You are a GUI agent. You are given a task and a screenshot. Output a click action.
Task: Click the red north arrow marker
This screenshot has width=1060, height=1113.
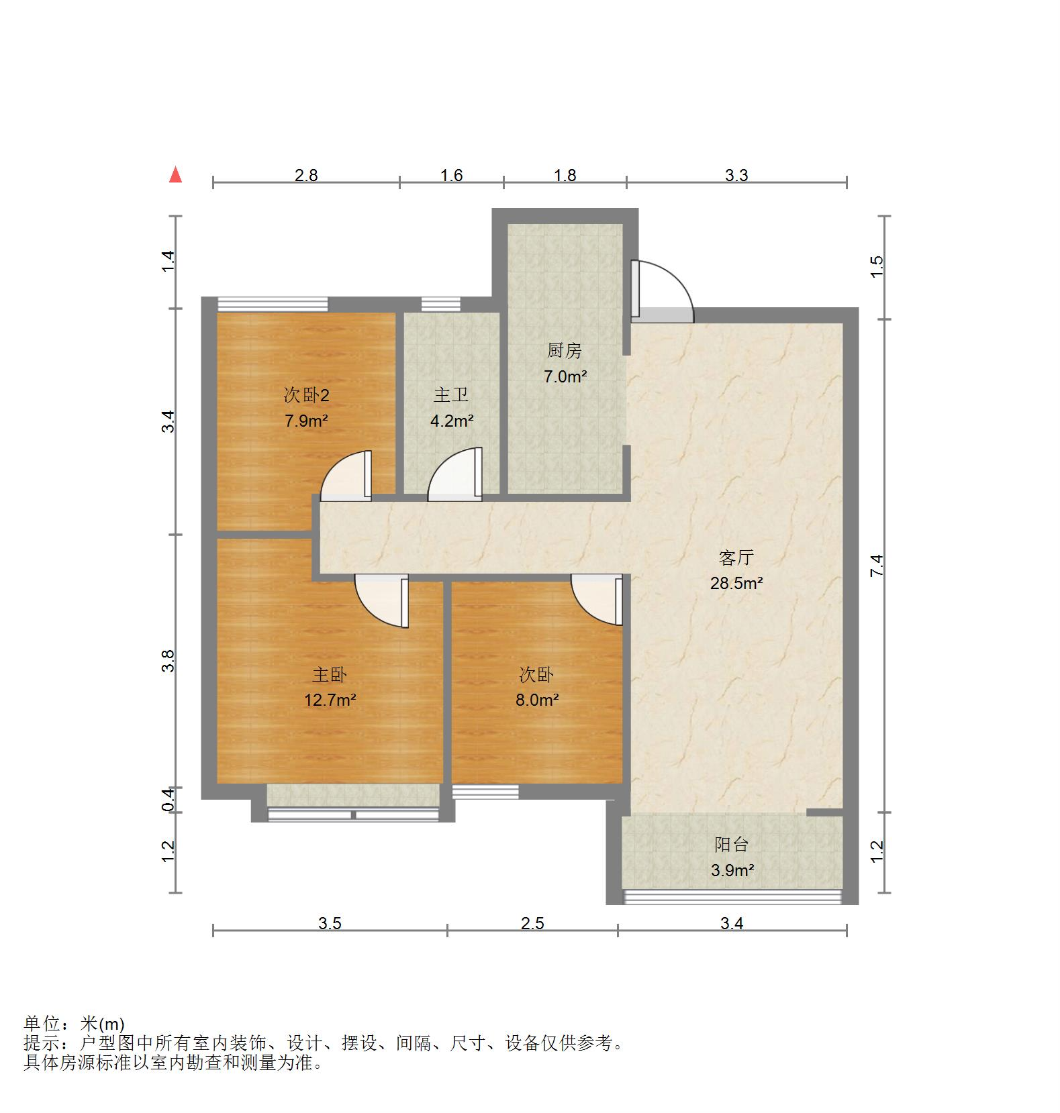[x=176, y=175]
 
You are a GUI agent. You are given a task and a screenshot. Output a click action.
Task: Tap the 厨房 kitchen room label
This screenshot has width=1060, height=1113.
[x=564, y=350]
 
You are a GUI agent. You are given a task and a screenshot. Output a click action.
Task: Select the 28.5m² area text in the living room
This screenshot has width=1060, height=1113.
[x=736, y=583]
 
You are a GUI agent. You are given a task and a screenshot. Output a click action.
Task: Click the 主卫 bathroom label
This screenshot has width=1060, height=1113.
[x=451, y=394]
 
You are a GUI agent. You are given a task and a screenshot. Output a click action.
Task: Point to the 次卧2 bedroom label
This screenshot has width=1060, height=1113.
[x=307, y=395]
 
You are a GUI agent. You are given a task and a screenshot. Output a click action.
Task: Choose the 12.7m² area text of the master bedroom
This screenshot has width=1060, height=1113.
[x=330, y=700]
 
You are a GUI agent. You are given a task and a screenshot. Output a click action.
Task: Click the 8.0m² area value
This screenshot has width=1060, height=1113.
[x=537, y=700]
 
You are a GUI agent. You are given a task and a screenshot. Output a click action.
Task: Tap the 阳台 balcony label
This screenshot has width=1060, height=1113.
[x=731, y=845]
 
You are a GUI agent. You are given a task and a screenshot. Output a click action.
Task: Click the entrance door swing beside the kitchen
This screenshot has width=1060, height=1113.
[x=661, y=288]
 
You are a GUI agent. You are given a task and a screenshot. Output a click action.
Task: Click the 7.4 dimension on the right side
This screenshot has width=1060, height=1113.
[x=877, y=565]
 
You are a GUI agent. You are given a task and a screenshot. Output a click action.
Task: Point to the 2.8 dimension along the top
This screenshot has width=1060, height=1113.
[x=306, y=175]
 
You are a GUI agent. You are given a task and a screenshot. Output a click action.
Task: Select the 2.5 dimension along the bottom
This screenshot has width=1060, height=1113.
[x=532, y=923]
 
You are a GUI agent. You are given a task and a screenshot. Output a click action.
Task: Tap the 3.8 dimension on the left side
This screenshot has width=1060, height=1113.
[x=168, y=661]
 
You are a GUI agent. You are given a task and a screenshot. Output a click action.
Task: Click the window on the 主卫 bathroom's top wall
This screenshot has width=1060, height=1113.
[x=440, y=305]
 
